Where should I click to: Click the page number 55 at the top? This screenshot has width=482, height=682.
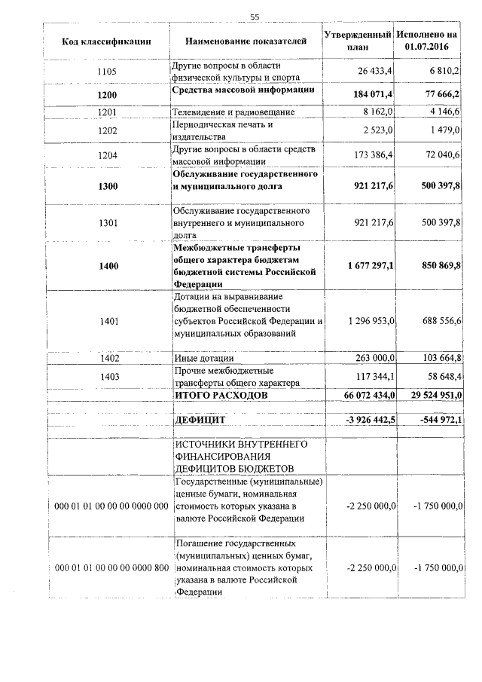255,17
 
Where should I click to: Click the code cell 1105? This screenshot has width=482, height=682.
108,72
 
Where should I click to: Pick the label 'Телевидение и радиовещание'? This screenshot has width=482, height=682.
233,112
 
